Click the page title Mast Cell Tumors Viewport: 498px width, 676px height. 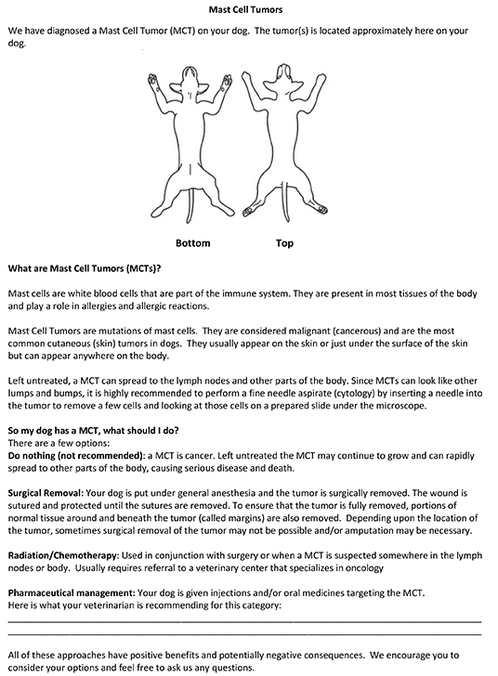pos(248,10)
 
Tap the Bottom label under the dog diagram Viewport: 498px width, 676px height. pos(193,243)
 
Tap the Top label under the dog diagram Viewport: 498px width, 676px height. pos(284,243)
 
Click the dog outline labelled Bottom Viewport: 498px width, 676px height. pos(194,139)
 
